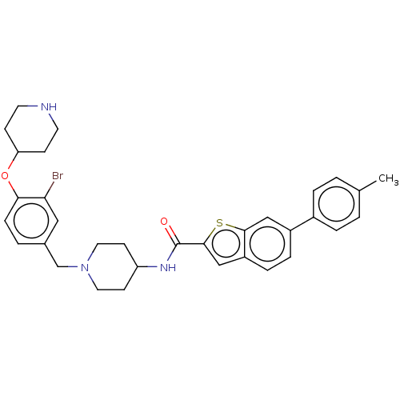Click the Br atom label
click(58, 175)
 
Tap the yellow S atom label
click(220, 222)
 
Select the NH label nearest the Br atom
click(49, 107)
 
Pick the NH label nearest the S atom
click(168, 267)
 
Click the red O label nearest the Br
click(5, 175)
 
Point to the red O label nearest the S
click(164, 222)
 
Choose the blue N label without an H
click(85, 267)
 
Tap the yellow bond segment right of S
click(230, 226)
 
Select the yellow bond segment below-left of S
click(212, 232)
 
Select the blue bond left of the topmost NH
click(34, 106)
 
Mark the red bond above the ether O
click(10, 166)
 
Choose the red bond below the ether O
click(10, 185)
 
